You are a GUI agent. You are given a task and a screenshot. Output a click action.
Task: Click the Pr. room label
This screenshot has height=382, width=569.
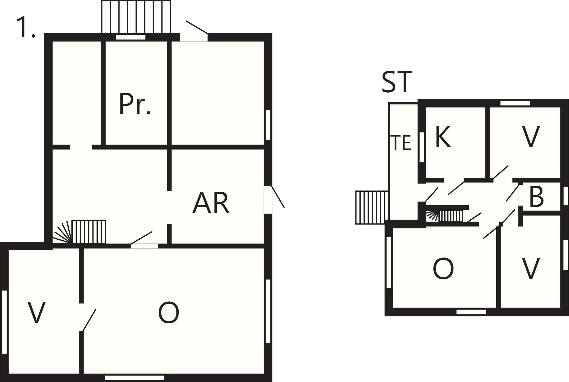(135, 104)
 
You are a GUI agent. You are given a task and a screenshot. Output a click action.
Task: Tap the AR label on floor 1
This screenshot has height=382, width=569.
(211, 203)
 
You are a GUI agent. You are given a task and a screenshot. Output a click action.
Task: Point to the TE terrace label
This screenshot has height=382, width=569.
(401, 143)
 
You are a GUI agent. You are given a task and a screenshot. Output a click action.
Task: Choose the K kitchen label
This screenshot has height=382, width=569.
(443, 137)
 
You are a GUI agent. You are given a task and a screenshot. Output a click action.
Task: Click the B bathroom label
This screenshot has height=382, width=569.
(536, 197)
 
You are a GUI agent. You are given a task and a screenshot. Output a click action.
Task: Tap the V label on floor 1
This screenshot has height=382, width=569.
(36, 313)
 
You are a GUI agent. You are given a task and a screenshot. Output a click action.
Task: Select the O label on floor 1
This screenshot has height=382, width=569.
(169, 312)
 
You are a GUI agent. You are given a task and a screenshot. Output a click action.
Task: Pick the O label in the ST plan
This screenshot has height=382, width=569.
(443, 268)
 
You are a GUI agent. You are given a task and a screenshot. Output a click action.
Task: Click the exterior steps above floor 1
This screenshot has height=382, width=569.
(136, 17)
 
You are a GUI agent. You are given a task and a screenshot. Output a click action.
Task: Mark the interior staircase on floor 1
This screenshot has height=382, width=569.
(79, 232)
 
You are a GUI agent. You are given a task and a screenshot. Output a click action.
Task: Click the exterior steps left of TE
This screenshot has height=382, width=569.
(372, 207)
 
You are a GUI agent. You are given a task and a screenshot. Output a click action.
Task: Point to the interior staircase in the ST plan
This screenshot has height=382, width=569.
(445, 216)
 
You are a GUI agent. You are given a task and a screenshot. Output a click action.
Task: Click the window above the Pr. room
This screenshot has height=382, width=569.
(130, 37)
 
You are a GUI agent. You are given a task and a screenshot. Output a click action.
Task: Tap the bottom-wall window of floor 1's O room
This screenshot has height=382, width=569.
(135, 378)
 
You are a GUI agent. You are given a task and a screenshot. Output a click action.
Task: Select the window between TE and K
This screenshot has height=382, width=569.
(422, 147)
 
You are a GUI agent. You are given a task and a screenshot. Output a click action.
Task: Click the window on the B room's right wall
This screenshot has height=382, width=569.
(566, 196)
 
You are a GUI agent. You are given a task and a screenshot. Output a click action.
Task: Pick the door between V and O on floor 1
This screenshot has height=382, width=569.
(81, 317)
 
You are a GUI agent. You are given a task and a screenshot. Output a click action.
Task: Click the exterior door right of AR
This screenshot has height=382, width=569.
(268, 200)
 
